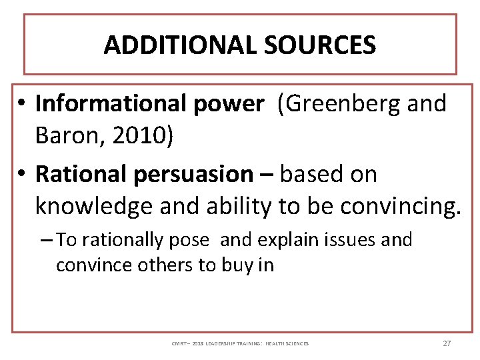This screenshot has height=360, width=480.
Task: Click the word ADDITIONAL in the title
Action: [170, 45]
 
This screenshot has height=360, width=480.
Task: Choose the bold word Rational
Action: [81, 174]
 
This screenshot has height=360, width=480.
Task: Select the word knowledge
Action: [93, 207]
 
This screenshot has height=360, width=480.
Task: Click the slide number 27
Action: [447, 343]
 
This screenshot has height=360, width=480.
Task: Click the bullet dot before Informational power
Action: [22, 105]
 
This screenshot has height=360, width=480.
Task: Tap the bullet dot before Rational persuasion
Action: [22, 175]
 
